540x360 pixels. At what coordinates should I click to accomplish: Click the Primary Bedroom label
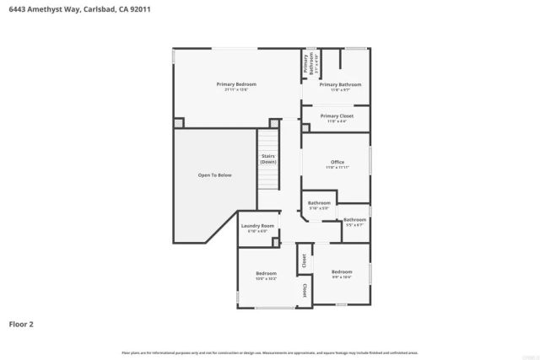[x=236, y=84]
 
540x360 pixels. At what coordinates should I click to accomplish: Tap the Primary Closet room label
[x=340, y=116]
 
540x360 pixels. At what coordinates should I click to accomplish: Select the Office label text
[x=337, y=163]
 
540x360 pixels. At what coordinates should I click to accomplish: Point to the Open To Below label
[x=214, y=175]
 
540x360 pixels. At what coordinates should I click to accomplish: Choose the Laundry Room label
[x=257, y=226]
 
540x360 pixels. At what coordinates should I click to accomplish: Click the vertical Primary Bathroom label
[x=307, y=64]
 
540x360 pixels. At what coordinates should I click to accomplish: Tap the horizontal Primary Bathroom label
[x=340, y=84]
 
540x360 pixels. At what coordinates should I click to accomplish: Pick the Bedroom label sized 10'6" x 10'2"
[x=267, y=273]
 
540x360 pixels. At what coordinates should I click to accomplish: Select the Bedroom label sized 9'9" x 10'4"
[x=342, y=271]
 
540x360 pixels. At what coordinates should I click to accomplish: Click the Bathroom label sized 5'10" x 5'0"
[x=319, y=203]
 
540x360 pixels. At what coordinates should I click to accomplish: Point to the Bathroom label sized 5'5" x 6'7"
[x=354, y=220]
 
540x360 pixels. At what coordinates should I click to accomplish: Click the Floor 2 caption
[x=21, y=324]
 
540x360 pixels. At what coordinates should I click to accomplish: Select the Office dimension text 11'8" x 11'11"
[x=337, y=168]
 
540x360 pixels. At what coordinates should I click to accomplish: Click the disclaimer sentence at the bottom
[x=270, y=352]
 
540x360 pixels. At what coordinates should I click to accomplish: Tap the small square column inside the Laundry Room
[x=275, y=242]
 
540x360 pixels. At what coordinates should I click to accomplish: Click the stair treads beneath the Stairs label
[x=268, y=181]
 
